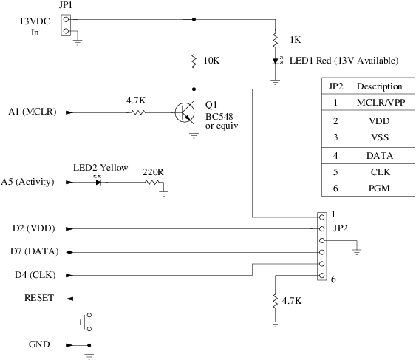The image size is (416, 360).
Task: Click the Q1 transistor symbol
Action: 185,112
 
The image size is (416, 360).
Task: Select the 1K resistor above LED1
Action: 275,38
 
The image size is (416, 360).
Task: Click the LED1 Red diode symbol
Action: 275,61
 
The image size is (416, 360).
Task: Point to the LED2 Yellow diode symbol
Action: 99,181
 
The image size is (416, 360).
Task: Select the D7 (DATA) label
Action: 35,251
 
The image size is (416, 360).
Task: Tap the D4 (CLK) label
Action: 34,275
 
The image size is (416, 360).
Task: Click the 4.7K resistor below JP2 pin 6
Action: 275,302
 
